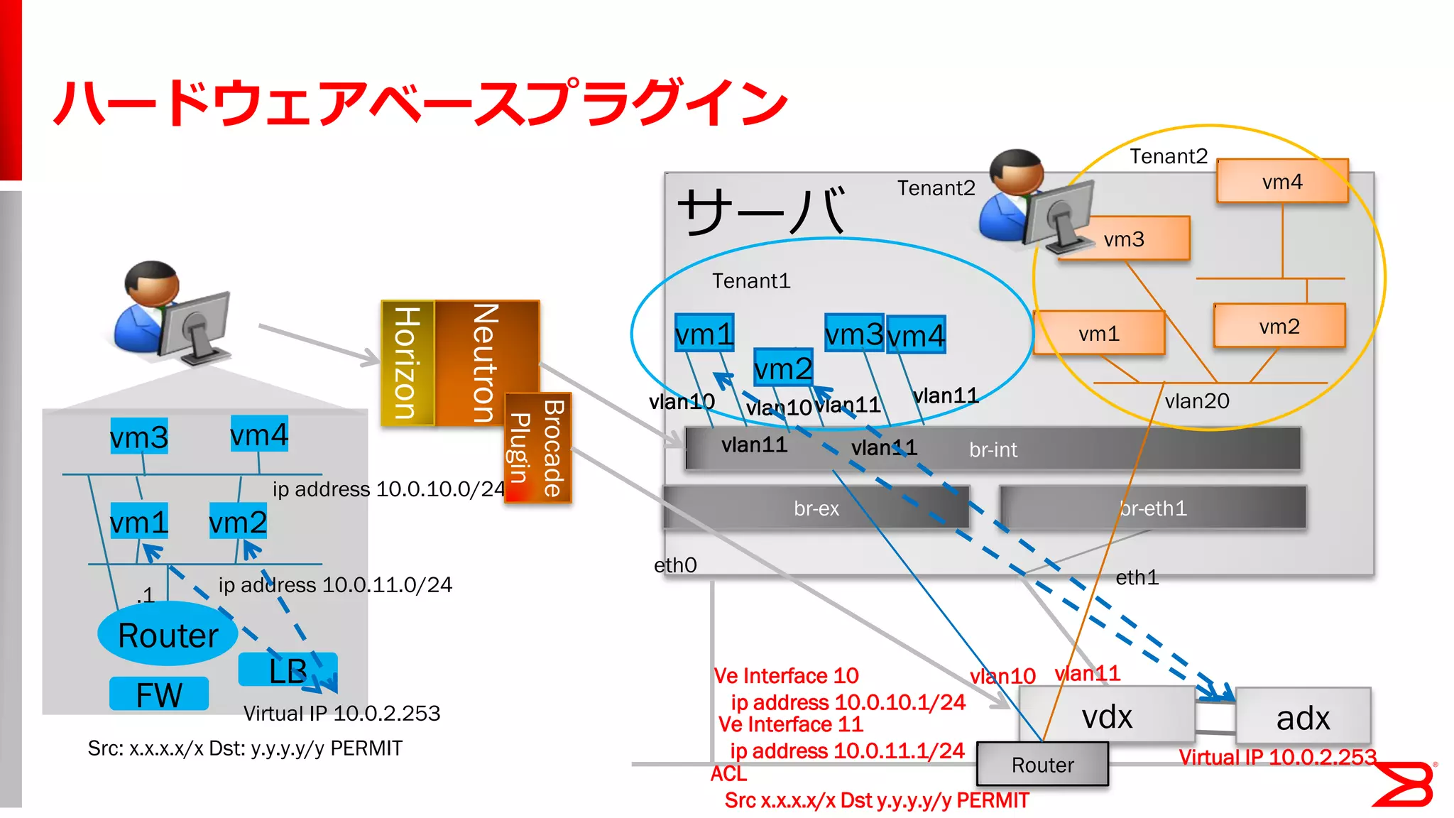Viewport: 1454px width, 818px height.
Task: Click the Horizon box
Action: [407, 363]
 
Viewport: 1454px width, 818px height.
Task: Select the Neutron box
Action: [487, 362]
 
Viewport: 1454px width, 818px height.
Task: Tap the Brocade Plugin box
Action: [538, 448]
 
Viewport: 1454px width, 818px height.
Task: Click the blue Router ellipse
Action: [168, 634]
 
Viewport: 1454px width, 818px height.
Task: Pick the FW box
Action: [159, 694]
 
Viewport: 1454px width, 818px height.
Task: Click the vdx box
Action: [1106, 716]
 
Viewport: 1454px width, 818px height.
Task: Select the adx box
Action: [1303, 717]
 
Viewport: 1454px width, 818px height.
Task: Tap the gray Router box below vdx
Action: [1042, 765]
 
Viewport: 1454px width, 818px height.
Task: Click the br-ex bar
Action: [816, 508]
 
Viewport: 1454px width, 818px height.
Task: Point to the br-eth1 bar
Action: [1152, 508]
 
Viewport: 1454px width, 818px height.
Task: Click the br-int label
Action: [993, 449]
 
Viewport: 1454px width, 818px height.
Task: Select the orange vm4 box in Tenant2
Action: [1282, 182]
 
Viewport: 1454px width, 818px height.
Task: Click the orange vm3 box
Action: [1125, 239]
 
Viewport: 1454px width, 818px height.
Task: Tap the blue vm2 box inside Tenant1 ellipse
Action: [782, 369]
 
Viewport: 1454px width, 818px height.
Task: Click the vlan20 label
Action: [1196, 401]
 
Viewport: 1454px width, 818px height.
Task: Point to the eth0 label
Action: [675, 565]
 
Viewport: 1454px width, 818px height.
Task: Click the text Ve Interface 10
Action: [786, 675]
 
